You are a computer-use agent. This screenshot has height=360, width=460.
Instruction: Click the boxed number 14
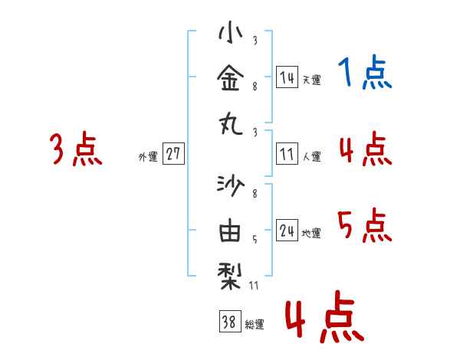(x=287, y=77)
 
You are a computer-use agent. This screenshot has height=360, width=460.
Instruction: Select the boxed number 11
(x=287, y=154)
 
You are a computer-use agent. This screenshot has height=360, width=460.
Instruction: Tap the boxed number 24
(x=287, y=231)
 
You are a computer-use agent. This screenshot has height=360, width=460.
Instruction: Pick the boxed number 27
(x=173, y=154)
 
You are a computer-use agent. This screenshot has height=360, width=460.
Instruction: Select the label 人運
(x=311, y=157)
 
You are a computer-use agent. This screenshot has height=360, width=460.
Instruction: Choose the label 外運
(x=148, y=157)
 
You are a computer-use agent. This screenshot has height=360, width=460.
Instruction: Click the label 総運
(x=255, y=325)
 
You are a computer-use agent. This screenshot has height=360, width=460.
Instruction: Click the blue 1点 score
(x=365, y=74)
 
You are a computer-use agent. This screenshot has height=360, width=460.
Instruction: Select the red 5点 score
(x=365, y=226)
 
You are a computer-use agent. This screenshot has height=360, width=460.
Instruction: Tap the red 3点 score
(x=76, y=149)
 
